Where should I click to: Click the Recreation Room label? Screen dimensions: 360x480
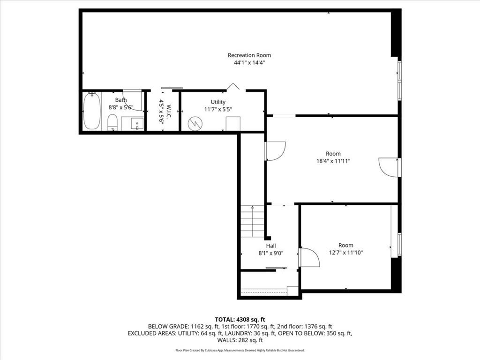tap(249, 55)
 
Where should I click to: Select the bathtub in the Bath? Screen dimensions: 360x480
tap(92, 111)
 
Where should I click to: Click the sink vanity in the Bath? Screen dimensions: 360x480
tap(133, 124)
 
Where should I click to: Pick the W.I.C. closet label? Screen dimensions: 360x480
tap(161, 111)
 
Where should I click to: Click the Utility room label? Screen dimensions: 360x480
tap(218, 102)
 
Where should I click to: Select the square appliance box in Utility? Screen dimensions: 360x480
tap(233, 124)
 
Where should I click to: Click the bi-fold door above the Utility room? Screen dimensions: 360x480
tap(233, 87)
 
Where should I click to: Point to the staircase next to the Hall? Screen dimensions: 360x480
tap(252, 222)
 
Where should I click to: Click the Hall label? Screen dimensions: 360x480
tap(271, 246)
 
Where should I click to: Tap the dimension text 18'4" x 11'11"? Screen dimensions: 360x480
tap(333, 161)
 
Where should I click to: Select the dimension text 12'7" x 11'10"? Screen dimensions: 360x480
tap(346, 253)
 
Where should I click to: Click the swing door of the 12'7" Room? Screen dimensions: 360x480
tap(309, 257)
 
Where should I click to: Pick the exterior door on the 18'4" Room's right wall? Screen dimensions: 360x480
tap(389, 167)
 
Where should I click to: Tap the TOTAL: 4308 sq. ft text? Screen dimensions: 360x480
tap(240, 320)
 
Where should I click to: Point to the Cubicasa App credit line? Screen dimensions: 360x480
tap(240, 350)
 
